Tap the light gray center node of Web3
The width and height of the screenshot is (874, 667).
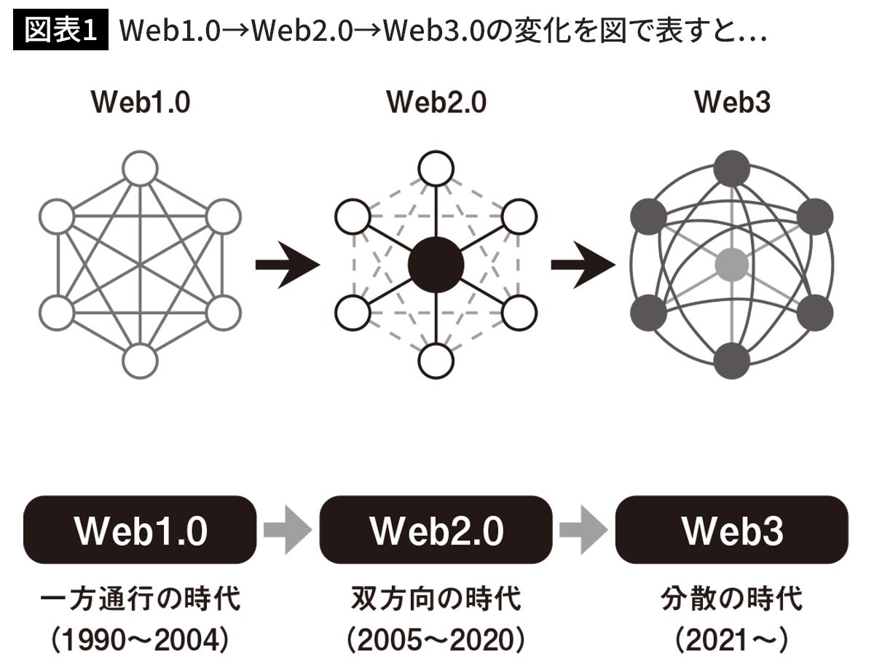(731, 264)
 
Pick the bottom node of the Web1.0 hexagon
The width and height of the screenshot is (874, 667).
(140, 360)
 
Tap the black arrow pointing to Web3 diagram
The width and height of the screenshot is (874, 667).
(583, 265)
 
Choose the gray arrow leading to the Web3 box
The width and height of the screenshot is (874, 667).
(582, 530)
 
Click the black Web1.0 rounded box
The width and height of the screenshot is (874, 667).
(140, 530)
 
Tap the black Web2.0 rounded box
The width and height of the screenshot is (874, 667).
(436, 530)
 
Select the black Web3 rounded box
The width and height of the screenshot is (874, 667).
(731, 530)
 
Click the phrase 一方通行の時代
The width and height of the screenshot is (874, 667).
(140, 601)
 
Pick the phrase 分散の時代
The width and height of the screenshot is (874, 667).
(731, 601)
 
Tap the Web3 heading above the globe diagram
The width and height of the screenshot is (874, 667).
(732, 103)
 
